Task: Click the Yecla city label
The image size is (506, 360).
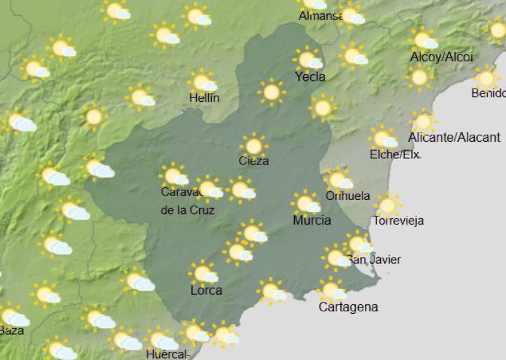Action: (310, 77)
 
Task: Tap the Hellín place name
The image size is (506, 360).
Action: (204, 98)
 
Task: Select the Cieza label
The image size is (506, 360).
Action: (254, 161)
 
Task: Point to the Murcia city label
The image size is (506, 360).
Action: (312, 220)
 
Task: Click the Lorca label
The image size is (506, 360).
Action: (206, 290)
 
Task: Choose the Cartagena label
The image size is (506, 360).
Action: (349, 307)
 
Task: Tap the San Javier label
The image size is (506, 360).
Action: (374, 259)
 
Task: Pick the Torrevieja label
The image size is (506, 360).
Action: (398, 221)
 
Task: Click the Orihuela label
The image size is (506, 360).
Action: (348, 196)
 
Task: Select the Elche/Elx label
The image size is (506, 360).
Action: (393, 154)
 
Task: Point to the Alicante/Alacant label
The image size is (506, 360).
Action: (454, 137)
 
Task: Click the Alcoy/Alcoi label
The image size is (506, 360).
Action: (441, 57)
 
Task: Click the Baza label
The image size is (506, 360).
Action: (11, 330)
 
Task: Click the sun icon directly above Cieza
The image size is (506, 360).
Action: (254, 146)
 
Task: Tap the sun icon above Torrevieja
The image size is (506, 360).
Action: (388, 205)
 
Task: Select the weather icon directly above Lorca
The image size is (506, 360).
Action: (204, 273)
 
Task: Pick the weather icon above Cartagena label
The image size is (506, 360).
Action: (331, 290)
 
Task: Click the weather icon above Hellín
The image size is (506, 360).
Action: (203, 82)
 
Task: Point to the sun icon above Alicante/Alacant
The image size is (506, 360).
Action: (423, 121)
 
